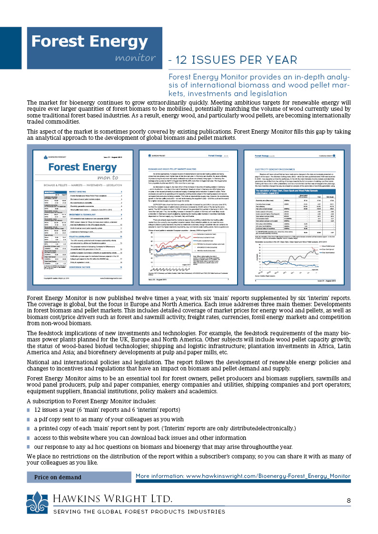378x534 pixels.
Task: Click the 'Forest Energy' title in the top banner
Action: [x=84, y=42]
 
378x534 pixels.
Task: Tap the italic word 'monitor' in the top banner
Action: [x=135, y=58]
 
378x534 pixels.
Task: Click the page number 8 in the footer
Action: [x=348, y=500]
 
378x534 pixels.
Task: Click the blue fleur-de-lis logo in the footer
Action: [x=37, y=502]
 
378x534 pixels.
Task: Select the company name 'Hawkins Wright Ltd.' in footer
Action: [x=113, y=499]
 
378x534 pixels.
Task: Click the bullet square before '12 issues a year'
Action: [x=29, y=410]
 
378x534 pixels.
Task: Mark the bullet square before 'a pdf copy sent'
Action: [x=29, y=419]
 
